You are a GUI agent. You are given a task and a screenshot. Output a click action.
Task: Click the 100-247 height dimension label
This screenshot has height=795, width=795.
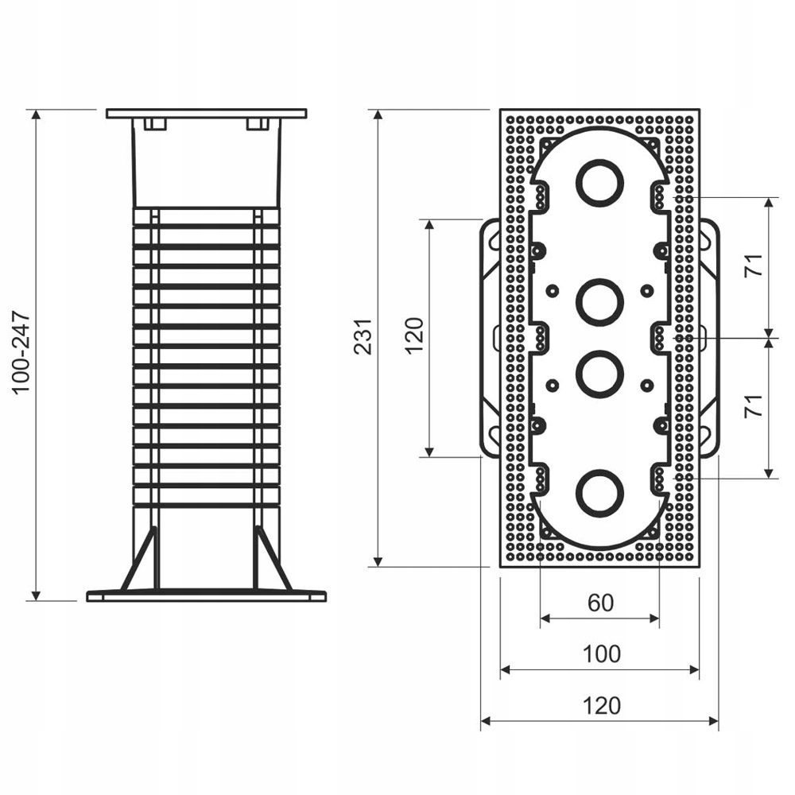tap(21, 352)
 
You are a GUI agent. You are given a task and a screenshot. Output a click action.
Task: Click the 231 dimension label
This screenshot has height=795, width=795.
tap(363, 336)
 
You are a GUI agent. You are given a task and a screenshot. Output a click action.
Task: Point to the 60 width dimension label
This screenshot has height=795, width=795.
tap(601, 603)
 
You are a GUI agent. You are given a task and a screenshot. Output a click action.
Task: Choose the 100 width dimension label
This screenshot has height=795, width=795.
tap(601, 654)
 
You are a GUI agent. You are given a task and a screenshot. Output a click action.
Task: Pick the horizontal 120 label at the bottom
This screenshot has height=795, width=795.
tap(601, 705)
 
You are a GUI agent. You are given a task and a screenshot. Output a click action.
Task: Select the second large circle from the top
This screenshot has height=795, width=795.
tap(599, 302)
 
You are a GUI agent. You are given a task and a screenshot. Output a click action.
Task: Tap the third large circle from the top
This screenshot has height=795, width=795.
tap(599, 374)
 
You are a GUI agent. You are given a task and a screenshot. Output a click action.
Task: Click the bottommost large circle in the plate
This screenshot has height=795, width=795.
tap(599, 494)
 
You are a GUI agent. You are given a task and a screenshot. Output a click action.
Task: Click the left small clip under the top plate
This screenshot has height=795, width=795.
tap(155, 124)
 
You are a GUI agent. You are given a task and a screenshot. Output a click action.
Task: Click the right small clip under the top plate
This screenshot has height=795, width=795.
tap(257, 124)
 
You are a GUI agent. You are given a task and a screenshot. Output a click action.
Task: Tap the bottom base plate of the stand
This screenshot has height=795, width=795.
tap(206, 595)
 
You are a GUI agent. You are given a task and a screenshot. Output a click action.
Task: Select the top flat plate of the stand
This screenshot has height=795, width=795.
tap(206, 114)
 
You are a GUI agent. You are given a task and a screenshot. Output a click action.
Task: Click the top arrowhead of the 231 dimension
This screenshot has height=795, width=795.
tap(378, 116)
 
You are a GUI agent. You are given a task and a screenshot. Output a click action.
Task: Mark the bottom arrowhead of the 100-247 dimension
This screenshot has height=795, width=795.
tap(36, 595)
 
